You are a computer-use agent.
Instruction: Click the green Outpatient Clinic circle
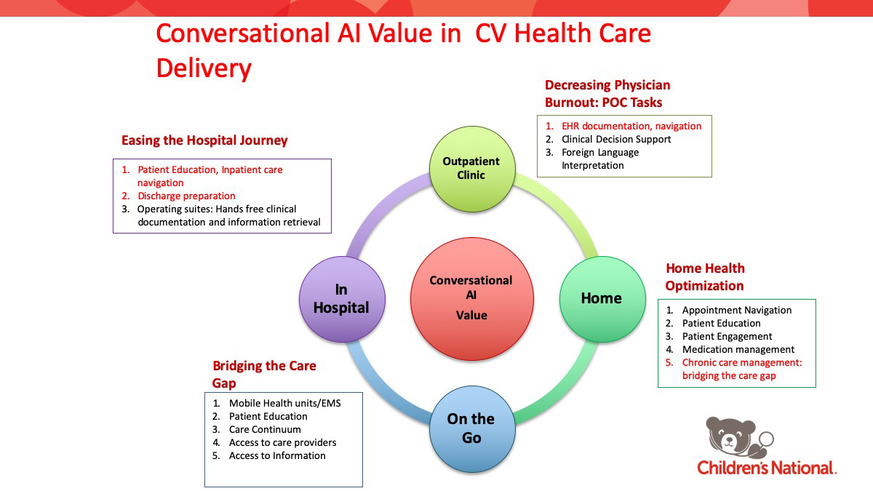point(471,169)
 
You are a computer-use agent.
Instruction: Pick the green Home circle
point(601,298)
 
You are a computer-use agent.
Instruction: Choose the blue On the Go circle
point(471,428)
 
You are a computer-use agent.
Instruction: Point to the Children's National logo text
point(767,468)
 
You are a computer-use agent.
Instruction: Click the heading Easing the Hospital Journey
point(204,140)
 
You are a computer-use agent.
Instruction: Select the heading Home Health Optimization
point(705,277)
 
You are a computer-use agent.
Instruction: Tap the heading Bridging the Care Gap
point(264,374)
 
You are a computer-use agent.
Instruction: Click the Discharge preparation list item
point(186,196)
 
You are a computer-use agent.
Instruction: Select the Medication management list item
point(738,349)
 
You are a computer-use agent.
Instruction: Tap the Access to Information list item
point(277,455)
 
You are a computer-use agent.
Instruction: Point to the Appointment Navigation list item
point(736,310)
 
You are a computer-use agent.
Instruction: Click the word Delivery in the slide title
point(204,68)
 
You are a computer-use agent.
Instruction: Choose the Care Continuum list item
point(265,429)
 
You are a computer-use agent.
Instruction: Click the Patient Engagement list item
point(727,336)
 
